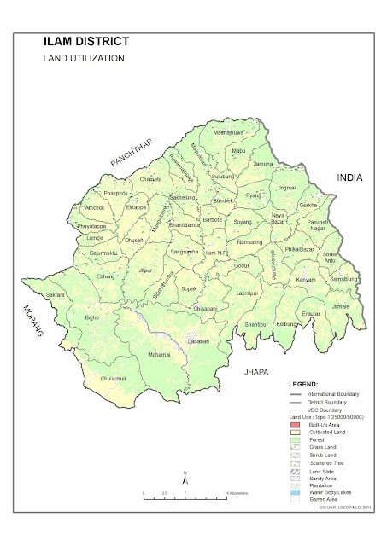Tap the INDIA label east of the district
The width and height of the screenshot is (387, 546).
[349, 178]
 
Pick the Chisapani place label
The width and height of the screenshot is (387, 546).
[210, 308]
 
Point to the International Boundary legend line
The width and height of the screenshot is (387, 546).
[295, 394]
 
